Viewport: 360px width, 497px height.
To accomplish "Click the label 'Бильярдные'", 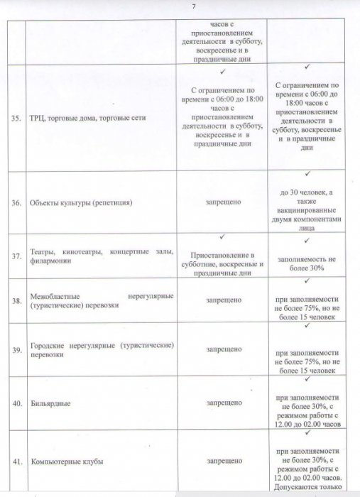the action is click(50, 403).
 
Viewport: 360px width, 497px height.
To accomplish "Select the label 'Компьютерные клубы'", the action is click(67, 461).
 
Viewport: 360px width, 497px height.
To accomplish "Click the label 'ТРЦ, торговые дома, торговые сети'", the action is click(89, 118).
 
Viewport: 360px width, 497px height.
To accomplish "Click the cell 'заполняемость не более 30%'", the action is click(307, 264).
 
